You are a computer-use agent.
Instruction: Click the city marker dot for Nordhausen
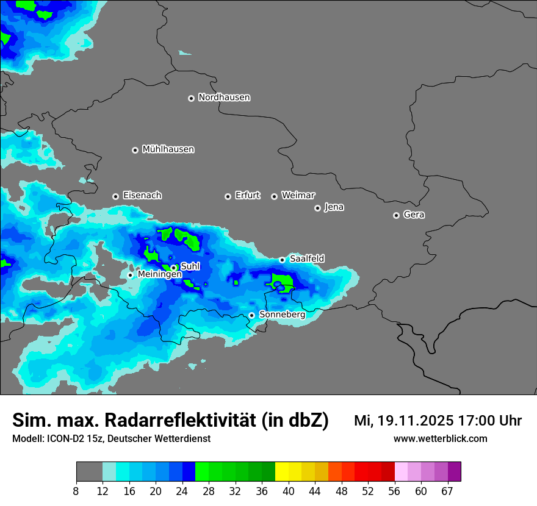191,98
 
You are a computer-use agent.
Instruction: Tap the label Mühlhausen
168,149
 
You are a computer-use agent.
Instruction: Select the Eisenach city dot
115,196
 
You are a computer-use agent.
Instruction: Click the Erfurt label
247,196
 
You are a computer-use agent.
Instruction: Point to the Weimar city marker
274,196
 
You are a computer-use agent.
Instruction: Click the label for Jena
334,207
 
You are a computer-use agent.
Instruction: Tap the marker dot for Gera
396,215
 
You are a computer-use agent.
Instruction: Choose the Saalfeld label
307,259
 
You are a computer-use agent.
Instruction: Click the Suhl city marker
173,268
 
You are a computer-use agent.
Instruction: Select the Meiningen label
160,275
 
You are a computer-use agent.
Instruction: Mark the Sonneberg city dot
251,315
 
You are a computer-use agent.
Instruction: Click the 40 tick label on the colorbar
289,491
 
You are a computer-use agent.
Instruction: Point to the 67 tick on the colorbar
447,491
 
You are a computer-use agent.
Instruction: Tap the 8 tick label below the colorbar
76,491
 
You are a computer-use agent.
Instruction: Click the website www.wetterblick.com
440,438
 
